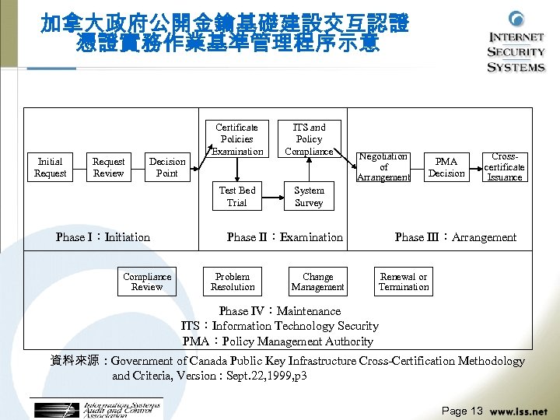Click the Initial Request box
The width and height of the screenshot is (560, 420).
pyautogui.click(x=51, y=167)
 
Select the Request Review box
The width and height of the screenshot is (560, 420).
pyautogui.click(x=109, y=167)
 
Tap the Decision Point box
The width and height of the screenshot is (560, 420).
pyautogui.click(x=167, y=167)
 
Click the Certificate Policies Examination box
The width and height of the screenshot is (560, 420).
pyautogui.click(x=237, y=138)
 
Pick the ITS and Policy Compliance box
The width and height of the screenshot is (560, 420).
pyautogui.click(x=309, y=138)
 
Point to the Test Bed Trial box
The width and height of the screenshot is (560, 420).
pyautogui.click(x=237, y=196)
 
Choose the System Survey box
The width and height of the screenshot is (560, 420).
pyautogui.click(x=309, y=196)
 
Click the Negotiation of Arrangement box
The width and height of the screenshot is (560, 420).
pyautogui.click(x=383, y=167)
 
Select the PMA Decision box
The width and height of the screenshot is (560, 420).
pyautogui.click(x=446, y=167)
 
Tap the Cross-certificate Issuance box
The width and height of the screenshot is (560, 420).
pyautogui.click(x=505, y=167)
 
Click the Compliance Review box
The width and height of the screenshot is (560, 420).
pyautogui.click(x=147, y=282)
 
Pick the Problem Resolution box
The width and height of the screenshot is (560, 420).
pyautogui.click(x=233, y=282)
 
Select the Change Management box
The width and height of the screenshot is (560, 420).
pyautogui.click(x=317, y=282)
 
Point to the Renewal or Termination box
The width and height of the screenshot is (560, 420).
pyautogui.click(x=404, y=282)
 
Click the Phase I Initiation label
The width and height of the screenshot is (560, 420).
pyautogui.click(x=103, y=237)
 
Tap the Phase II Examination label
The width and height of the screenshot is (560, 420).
pyautogui.click(x=285, y=237)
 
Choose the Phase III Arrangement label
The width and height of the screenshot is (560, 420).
pyautogui.click(x=455, y=237)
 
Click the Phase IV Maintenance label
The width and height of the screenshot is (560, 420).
pyautogui.click(x=280, y=311)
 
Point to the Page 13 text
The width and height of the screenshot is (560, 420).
pyautogui.click(x=462, y=411)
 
